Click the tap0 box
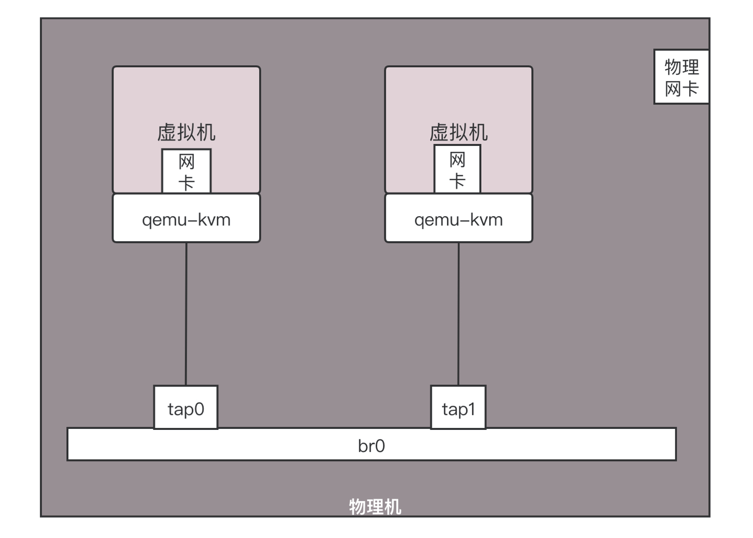tap(186, 407)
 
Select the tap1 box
tap(458, 407)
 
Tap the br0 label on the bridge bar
tap(371, 446)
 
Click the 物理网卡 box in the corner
tap(681, 77)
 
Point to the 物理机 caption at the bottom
tap(375, 507)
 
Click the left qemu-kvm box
tap(186, 219)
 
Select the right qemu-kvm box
tap(458, 219)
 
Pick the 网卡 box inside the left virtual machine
tap(186, 171)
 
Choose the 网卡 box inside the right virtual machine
tap(457, 169)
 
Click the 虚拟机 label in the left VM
tap(186, 133)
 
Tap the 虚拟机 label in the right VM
tap(458, 133)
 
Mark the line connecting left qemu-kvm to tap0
tap(186, 314)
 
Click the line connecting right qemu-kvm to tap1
tap(458, 314)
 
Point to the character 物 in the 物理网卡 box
tap(673, 67)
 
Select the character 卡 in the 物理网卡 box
tap(691, 89)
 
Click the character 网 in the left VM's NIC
tap(186, 162)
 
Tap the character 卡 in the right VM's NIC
tap(457, 180)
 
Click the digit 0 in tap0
tap(199, 409)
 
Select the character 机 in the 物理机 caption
tap(393, 507)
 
